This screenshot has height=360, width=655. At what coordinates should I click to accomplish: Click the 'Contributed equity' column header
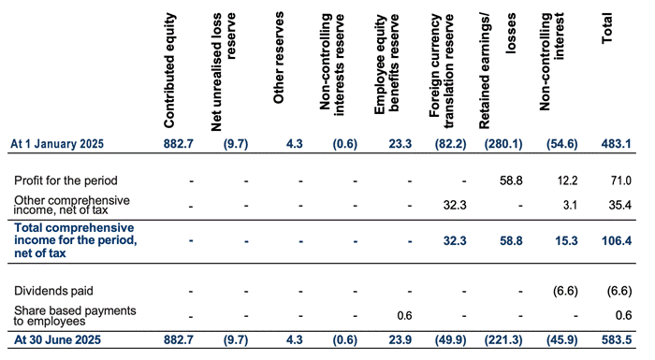[169, 70]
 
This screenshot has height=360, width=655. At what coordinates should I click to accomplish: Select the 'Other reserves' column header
[279, 58]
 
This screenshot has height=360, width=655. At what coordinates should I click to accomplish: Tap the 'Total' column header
[607, 28]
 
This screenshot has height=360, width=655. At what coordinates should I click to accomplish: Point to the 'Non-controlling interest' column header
[552, 62]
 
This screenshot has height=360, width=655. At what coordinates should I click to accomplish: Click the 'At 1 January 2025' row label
[57, 144]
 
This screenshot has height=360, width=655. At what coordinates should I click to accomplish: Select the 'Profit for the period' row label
[65, 180]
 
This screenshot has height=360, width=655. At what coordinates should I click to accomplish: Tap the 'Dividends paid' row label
[53, 291]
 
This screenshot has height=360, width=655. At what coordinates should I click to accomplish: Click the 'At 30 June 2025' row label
[57, 339]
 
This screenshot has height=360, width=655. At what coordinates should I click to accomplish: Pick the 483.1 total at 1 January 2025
[617, 144]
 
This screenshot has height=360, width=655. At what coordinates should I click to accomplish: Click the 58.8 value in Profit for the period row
[511, 180]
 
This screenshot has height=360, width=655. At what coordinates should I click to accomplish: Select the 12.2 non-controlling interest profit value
[567, 180]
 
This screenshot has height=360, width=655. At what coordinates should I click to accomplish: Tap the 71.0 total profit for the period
[620, 180]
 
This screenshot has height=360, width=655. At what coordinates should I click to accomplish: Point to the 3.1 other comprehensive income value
[570, 205]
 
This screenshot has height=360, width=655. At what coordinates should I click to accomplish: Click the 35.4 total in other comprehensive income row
[620, 205]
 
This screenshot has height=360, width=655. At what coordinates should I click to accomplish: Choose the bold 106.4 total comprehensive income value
[617, 241]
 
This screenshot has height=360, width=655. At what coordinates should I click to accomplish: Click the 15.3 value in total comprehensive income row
[566, 241]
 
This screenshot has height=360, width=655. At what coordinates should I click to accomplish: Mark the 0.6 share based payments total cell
[624, 315]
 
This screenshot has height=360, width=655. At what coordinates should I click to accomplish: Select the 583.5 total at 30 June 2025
[617, 340]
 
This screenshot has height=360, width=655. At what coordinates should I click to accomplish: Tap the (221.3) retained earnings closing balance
[503, 340]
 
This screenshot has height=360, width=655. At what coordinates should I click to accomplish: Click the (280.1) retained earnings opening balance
[503, 144]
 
